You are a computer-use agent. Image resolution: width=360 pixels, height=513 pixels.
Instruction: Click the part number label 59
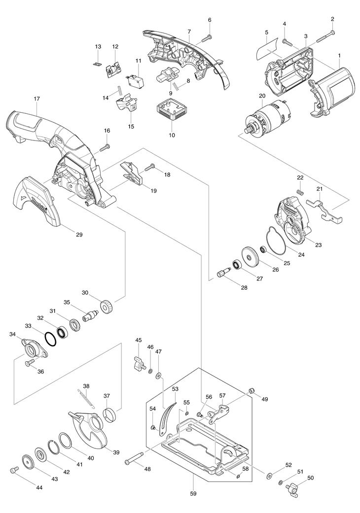click(x=193, y=494)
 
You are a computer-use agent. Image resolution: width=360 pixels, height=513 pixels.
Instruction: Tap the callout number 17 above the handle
click(x=36, y=98)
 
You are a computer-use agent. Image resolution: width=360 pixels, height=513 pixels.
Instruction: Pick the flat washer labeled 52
click(x=269, y=475)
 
